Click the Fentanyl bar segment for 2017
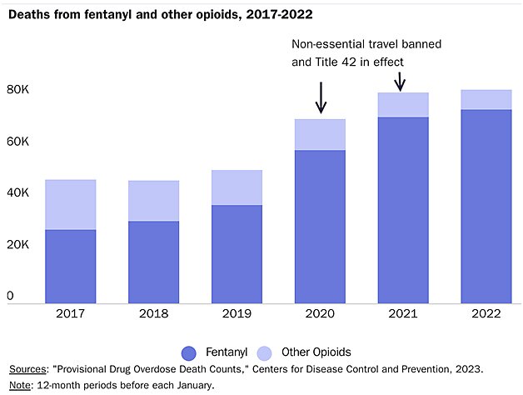[x=70, y=267]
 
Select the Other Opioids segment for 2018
[x=153, y=201]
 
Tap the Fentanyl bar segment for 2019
[x=237, y=254]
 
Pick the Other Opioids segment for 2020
[x=320, y=134]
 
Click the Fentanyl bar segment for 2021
[x=403, y=210]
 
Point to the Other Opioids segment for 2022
[x=486, y=99]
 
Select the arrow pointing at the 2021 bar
[x=399, y=81]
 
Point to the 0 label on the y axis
[x=11, y=296]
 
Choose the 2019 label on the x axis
[x=237, y=315]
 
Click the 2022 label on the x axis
[x=486, y=315]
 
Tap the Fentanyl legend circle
[x=187, y=352]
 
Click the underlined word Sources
[x=27, y=368]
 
